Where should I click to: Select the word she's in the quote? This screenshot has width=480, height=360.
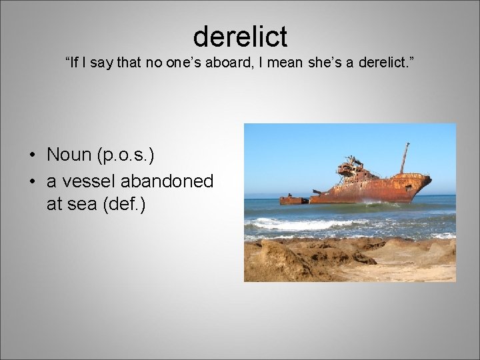[330, 63]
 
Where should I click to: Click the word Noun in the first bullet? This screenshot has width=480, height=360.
[69, 155]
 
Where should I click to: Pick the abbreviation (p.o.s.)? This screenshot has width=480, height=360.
[126, 155]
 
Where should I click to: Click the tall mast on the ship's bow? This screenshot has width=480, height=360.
[403, 157]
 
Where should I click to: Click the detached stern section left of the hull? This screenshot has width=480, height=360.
[293, 199]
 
